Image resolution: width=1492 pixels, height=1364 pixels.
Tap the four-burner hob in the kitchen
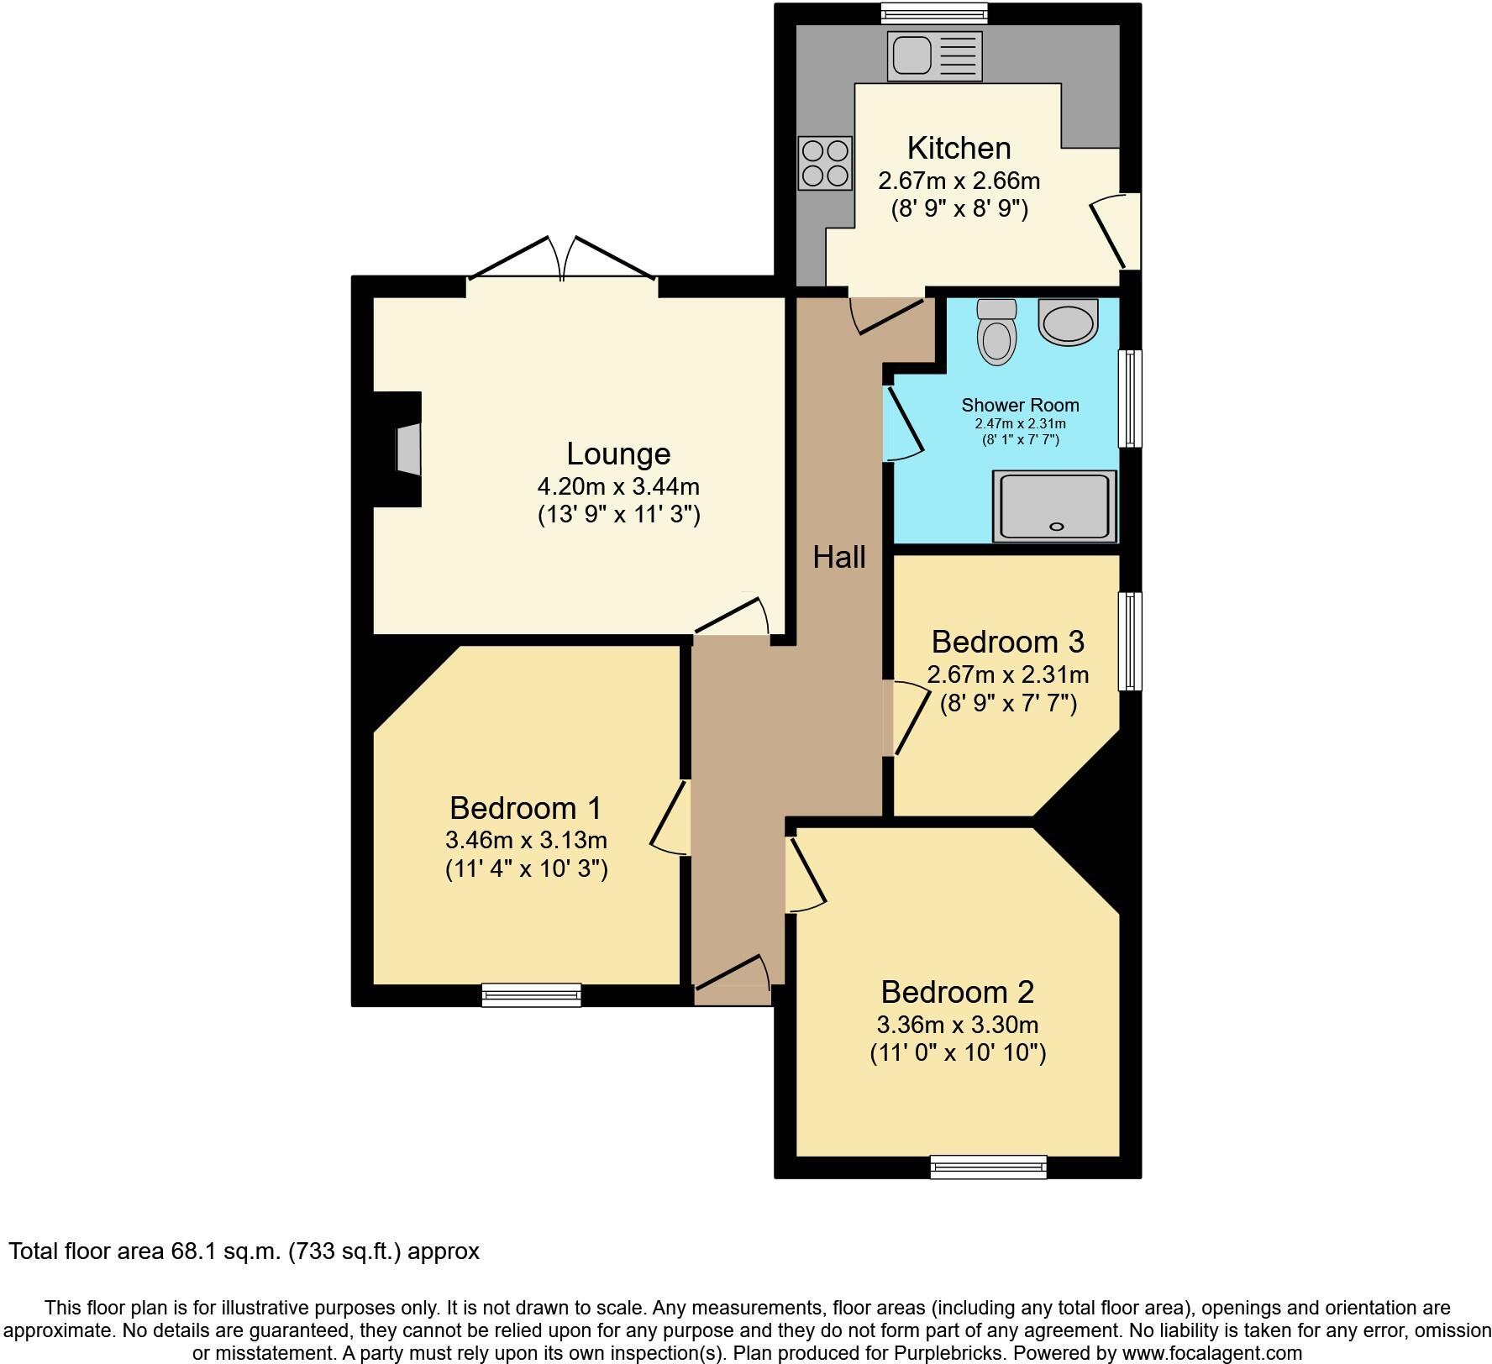point(825,163)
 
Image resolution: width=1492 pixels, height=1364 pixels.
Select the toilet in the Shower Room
point(997,333)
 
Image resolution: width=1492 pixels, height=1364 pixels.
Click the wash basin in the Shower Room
point(1069,322)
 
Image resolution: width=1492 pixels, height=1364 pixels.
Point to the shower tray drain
point(1057,527)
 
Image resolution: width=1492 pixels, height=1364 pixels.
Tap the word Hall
point(838,557)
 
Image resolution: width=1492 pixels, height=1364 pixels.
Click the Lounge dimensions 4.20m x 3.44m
point(618,486)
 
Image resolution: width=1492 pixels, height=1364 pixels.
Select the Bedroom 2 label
point(957,992)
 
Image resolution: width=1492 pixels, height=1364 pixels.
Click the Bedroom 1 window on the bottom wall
point(531,994)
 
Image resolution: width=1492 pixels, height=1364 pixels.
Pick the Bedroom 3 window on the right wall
point(1131,641)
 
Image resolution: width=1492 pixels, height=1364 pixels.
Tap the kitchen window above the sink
point(934,13)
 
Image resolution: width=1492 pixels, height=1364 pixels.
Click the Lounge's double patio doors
point(561,260)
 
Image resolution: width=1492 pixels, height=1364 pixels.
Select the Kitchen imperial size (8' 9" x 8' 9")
point(959,209)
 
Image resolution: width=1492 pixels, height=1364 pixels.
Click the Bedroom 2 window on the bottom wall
point(988,1167)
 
